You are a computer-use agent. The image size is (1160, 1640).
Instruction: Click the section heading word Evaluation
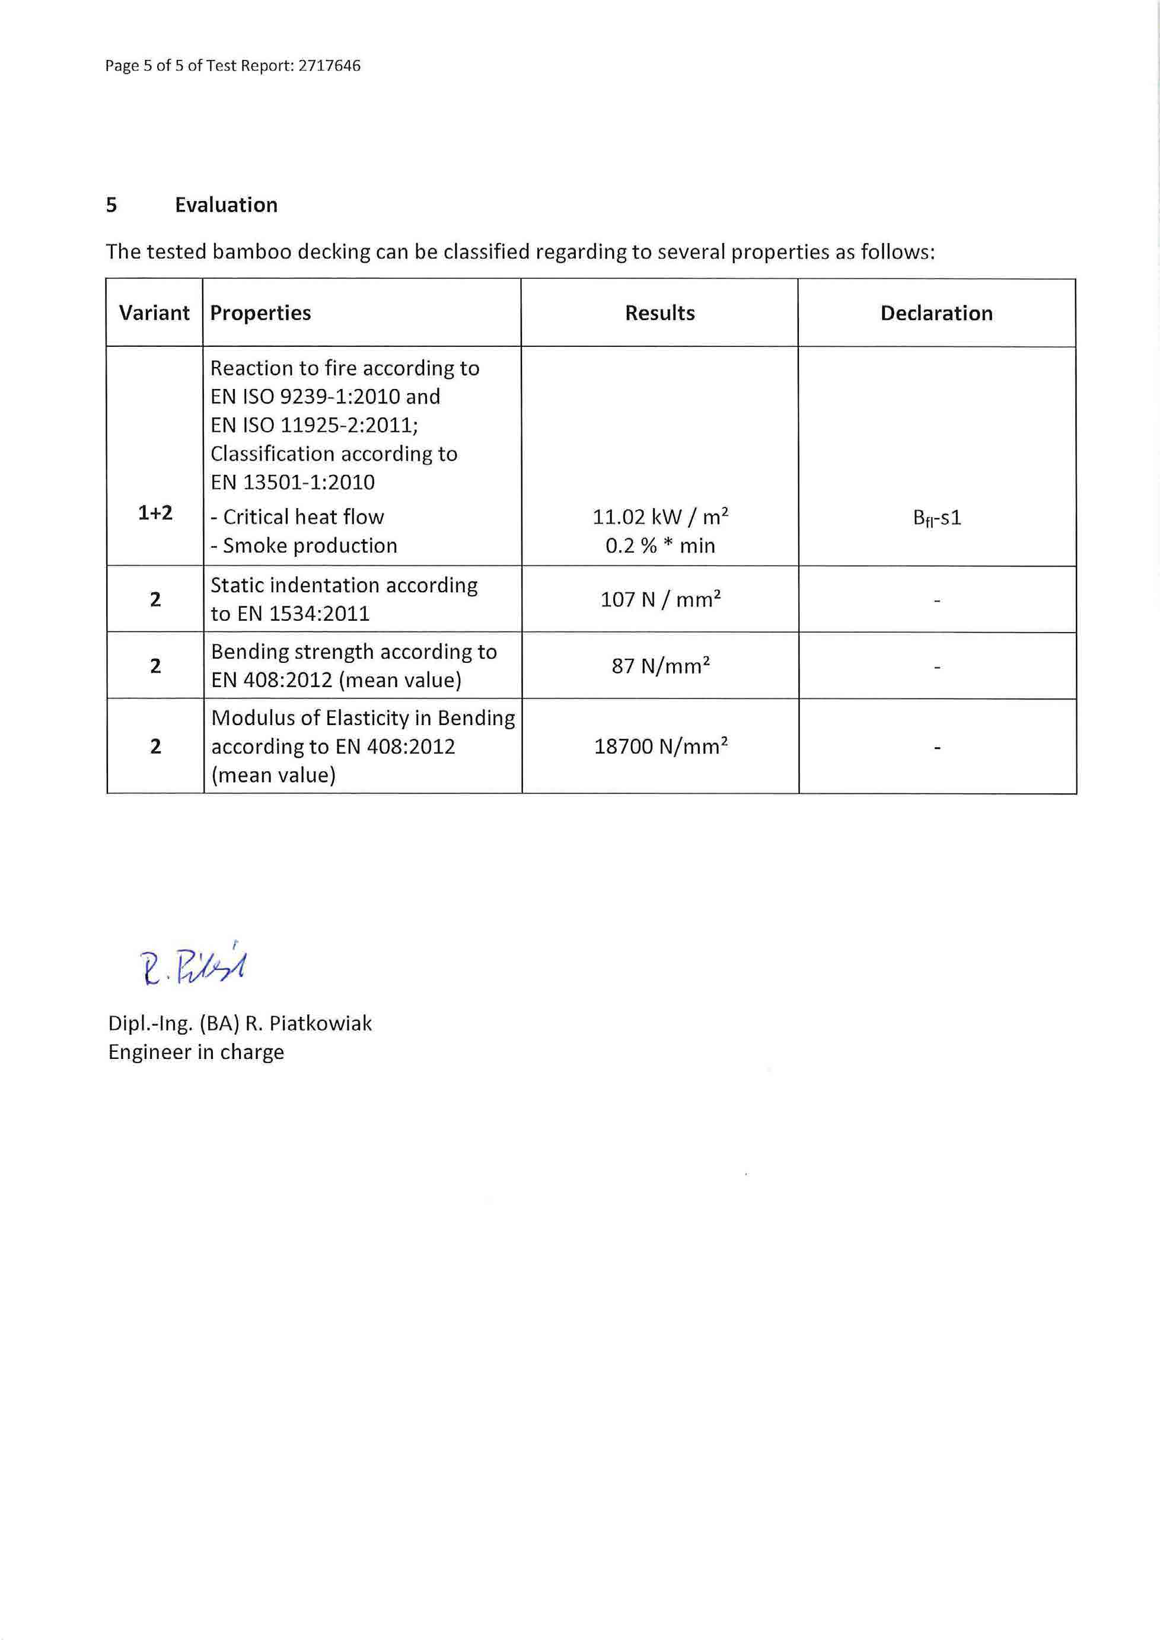click(226, 205)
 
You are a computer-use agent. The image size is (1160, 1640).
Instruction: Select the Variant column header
click(154, 313)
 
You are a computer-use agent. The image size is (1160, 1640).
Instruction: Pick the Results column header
click(659, 313)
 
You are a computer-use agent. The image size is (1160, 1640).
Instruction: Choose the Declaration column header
click(936, 313)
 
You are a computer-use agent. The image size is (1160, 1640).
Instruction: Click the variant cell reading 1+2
click(155, 513)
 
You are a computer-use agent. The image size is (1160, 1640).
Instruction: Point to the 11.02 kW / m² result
click(660, 516)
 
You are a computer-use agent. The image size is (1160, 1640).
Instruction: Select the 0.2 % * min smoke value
click(660, 545)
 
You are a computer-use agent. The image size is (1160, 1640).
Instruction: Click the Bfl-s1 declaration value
click(936, 518)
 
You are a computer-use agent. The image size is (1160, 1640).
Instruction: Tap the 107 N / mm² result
click(660, 599)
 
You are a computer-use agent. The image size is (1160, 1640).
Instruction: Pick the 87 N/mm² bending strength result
click(660, 666)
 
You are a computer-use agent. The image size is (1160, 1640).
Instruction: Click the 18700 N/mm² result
click(660, 746)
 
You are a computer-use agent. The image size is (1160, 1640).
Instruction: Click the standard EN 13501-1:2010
click(292, 482)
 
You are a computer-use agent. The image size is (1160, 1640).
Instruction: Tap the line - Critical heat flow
click(297, 516)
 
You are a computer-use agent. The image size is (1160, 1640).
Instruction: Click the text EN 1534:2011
click(304, 614)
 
